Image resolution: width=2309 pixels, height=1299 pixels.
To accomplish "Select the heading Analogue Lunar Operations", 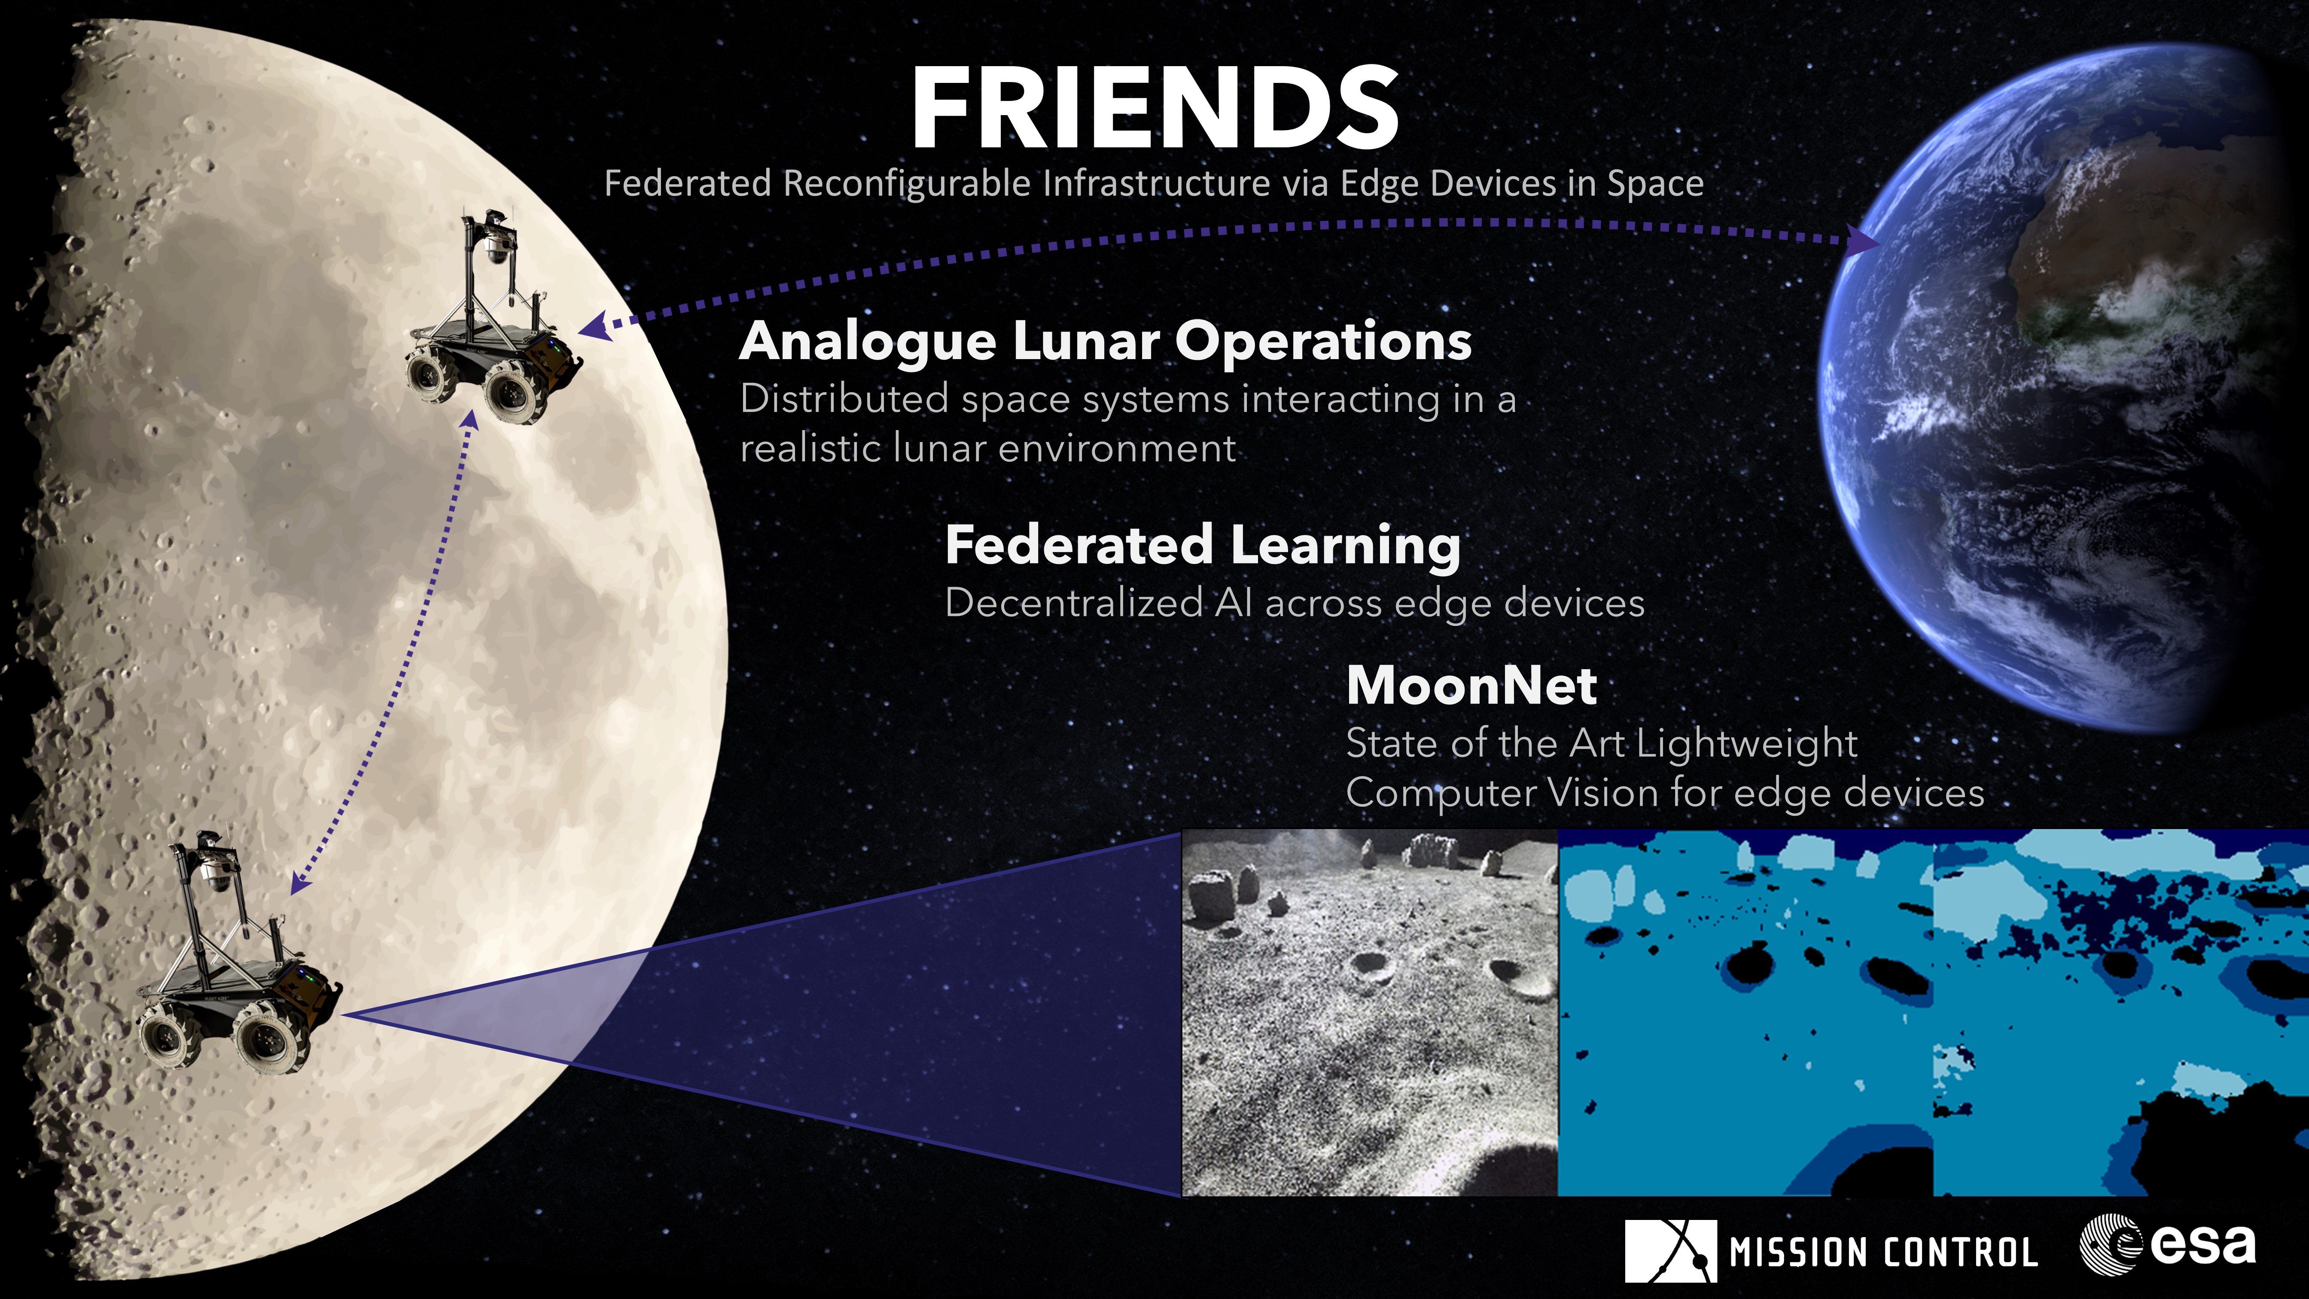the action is click(x=1105, y=342).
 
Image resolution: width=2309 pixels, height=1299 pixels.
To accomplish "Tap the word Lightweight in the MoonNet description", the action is click(x=1747, y=744).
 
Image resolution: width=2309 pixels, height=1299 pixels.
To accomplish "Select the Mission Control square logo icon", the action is click(x=1670, y=1250).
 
